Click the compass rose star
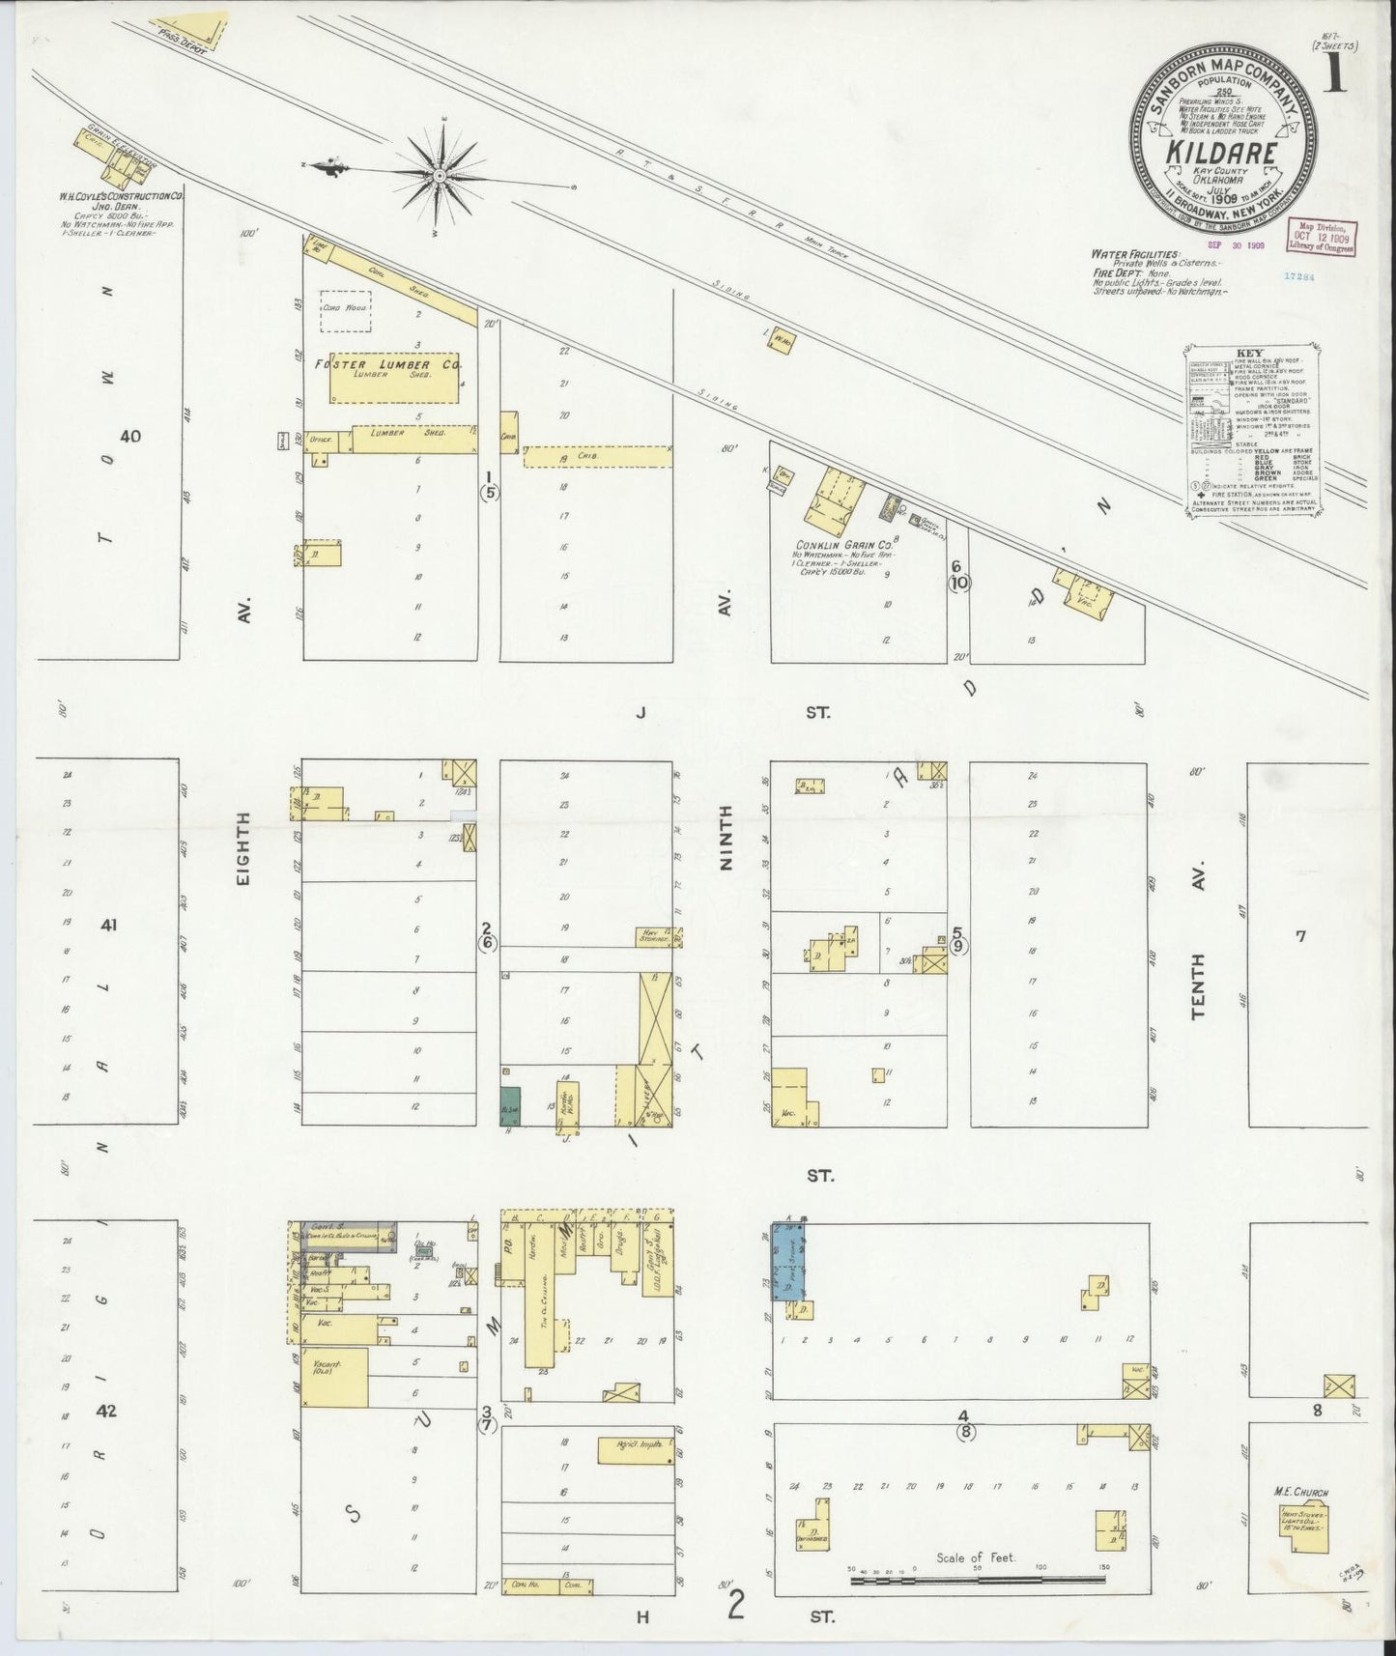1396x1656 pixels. [x=440, y=174]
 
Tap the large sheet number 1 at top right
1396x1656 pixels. [x=1336, y=70]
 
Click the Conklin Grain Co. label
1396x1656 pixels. [x=840, y=544]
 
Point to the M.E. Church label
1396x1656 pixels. [x=1303, y=1493]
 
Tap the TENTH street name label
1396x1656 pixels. [x=1199, y=986]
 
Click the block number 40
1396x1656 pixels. [x=129, y=437]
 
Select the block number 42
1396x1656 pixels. [x=106, y=1411]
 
